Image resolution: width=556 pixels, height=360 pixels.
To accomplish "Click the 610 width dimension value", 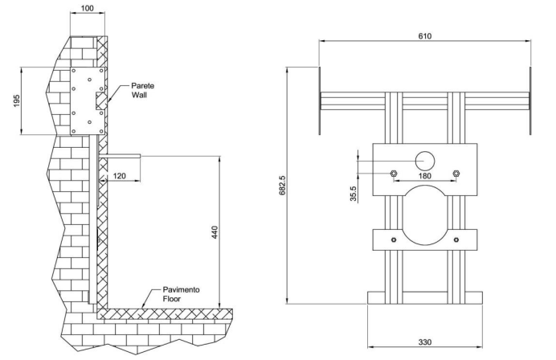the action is (x=425, y=36).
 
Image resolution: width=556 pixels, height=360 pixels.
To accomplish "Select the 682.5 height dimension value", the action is (x=283, y=185).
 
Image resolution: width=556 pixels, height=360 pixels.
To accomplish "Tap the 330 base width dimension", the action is (x=425, y=342).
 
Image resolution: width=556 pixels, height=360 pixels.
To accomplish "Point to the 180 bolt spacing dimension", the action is (x=425, y=176).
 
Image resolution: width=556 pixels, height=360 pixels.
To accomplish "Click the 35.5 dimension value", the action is (x=354, y=194).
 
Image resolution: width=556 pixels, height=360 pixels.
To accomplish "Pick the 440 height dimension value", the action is (x=215, y=232).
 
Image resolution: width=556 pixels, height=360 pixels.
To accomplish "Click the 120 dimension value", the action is (x=119, y=176).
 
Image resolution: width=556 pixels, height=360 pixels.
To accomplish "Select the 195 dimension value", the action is (x=16, y=100).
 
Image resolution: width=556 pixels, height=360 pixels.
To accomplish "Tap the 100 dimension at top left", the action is (x=88, y=8).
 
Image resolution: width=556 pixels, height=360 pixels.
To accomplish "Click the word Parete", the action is (x=142, y=86).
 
